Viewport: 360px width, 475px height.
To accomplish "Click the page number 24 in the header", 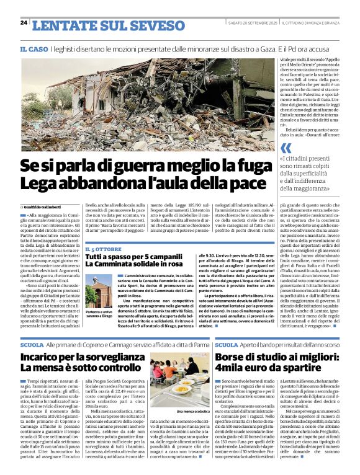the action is pos(24,23).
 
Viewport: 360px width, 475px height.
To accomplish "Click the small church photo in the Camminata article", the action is pos(99,290).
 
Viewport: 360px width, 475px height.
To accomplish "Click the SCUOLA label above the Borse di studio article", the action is pos(227,344).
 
